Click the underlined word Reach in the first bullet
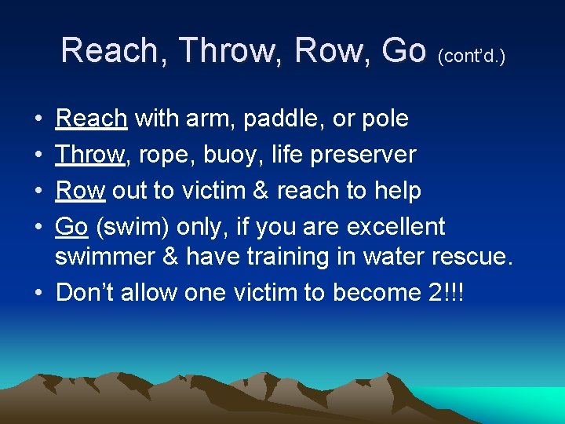91,119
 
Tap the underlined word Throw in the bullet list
90,155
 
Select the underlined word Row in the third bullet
80,190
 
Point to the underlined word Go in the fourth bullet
71,226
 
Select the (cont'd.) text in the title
471,56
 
